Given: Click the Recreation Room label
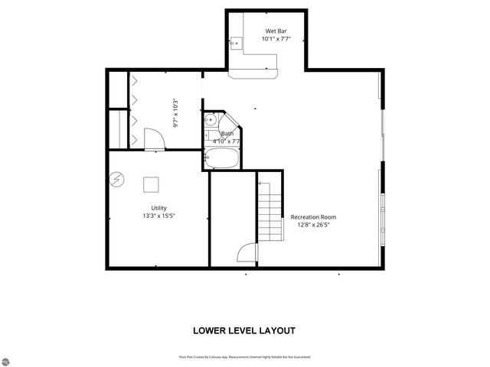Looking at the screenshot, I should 313,217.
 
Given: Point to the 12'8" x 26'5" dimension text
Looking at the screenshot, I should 313,225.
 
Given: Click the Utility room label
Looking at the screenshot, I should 158,208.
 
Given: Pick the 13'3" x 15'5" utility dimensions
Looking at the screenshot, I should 158,216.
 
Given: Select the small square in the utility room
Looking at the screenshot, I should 151,184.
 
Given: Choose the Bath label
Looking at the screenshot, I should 227,134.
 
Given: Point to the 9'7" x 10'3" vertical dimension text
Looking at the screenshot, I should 175,112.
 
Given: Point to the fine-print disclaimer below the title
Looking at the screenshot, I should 245,357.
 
